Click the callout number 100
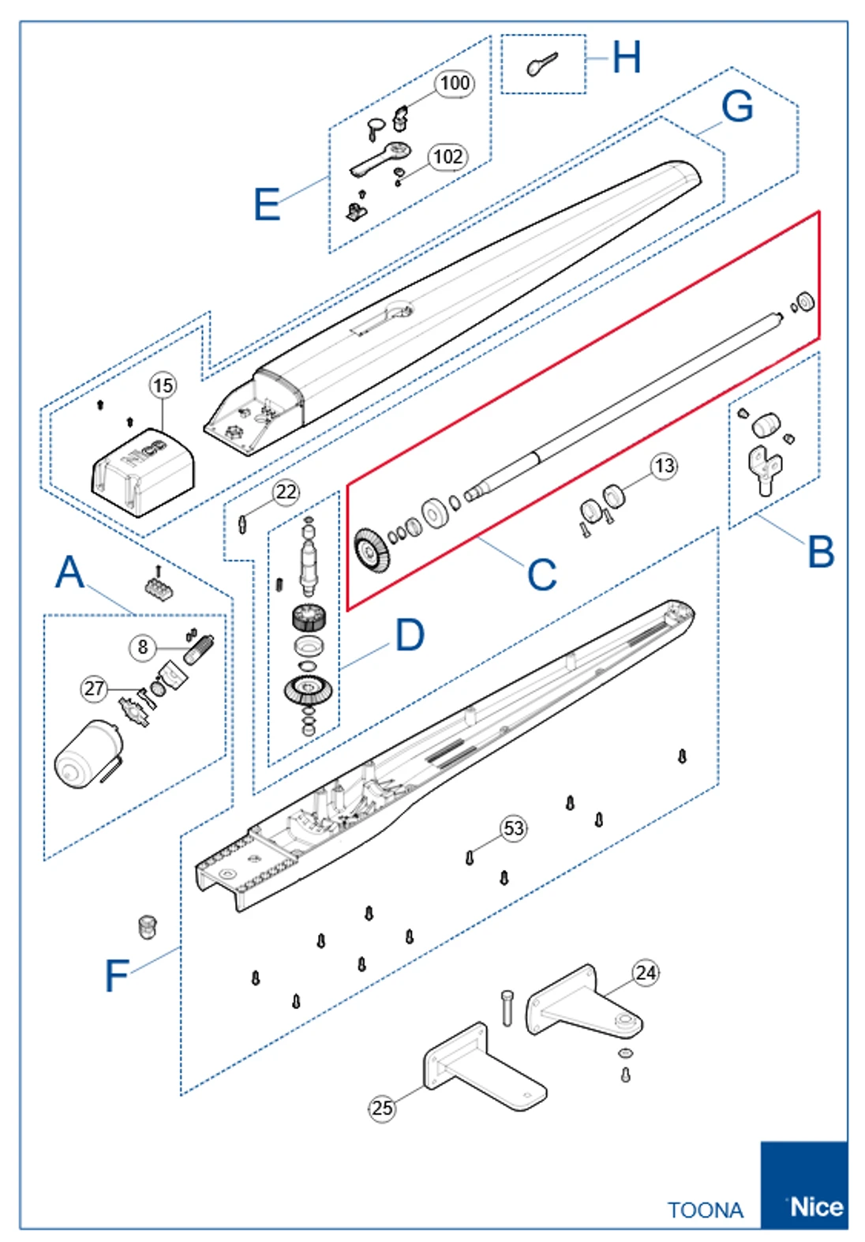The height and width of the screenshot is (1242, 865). point(455,83)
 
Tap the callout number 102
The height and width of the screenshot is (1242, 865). point(447,156)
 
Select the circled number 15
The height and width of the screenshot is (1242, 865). point(163,385)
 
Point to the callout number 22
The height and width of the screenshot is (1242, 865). point(286,492)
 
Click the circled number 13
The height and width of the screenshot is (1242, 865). point(665,466)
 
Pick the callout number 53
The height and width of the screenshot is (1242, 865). point(514,828)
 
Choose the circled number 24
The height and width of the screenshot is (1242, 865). point(646,973)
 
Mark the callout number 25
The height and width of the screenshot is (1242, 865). point(382,1108)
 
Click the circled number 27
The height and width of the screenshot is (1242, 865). point(94,689)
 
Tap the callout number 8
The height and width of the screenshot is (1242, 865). point(142,647)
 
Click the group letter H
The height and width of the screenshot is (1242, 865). point(627,58)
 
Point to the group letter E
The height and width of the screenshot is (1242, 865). point(267,204)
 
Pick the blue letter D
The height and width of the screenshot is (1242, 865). point(410,635)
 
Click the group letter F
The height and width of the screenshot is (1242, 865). point(116,976)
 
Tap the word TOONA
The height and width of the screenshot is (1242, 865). point(705,1210)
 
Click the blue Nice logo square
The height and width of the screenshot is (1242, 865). point(803,1184)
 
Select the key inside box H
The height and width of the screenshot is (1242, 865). point(541,64)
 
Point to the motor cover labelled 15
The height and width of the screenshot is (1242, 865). point(143,473)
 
